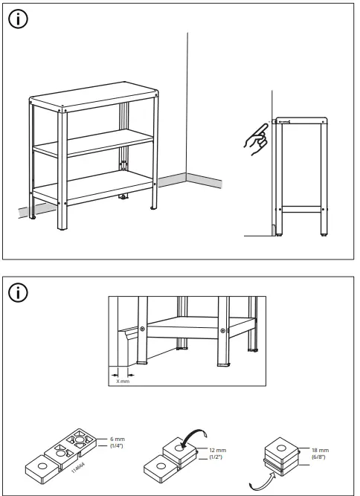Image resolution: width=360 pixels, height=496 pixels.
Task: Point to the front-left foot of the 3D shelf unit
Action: tap(35, 216)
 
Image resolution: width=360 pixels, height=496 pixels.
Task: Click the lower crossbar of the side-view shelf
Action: tap(300, 207)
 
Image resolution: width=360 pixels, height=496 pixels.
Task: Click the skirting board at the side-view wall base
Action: tap(272, 228)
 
